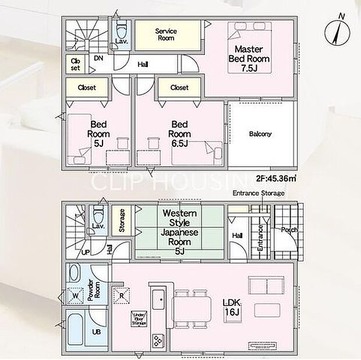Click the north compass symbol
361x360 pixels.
[x=337, y=31]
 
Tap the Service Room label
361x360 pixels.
[x=166, y=34]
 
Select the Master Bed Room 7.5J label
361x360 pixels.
[x=249, y=59]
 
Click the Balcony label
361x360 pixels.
[x=260, y=134]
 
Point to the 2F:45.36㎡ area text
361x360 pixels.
[x=276, y=178]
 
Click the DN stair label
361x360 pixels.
[x=98, y=58]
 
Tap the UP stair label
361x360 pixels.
[x=86, y=252]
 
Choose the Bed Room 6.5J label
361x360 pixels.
[x=179, y=134]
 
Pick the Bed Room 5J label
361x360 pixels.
[x=98, y=134]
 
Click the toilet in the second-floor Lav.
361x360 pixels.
[x=122, y=29]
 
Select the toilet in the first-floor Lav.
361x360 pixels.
[x=98, y=214]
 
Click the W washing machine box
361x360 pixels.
[x=76, y=295]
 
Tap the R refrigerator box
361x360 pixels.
[x=122, y=295]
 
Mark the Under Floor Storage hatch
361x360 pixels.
[x=139, y=319]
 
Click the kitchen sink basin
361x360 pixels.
[x=158, y=300]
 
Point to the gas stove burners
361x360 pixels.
[x=158, y=340]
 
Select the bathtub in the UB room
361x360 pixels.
[x=75, y=329]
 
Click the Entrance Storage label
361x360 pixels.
[x=259, y=193]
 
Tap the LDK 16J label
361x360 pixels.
[x=232, y=307]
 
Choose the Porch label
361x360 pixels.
[x=289, y=230]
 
